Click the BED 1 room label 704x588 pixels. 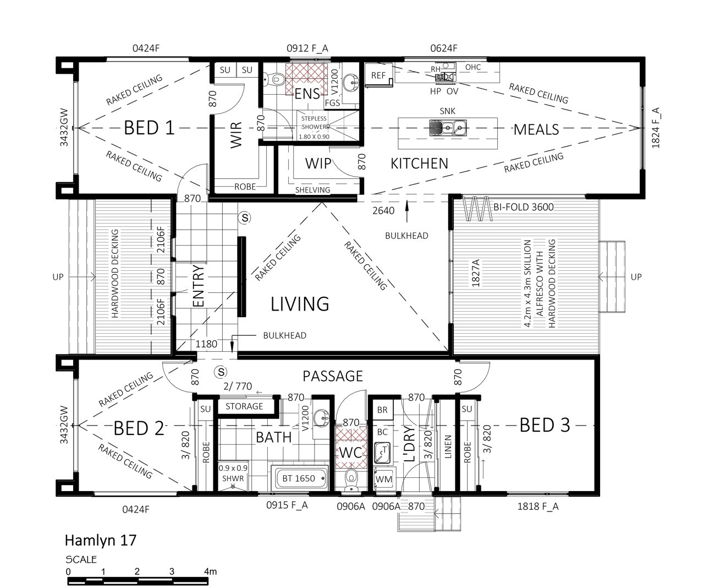coord(149,128)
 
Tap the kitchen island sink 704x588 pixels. coord(448,128)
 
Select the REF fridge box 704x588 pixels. coord(378,75)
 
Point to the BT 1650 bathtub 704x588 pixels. coord(299,478)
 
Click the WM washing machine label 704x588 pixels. coord(384,479)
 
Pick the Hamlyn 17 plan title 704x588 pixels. coord(101,541)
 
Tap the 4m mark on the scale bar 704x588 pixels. coord(210,571)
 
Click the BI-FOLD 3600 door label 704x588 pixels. coord(523,207)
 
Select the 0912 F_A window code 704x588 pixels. coord(307,48)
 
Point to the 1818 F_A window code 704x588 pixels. coord(538,507)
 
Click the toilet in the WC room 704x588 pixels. coord(351,480)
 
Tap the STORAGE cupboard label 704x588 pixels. coord(244,406)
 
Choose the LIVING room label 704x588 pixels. coord(300,304)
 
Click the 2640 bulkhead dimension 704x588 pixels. coord(383,211)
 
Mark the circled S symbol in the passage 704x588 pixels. coord(221,372)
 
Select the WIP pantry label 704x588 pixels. coord(318,164)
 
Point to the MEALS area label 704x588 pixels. coord(536,129)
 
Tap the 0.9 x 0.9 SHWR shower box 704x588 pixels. coord(233,475)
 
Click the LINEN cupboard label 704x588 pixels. coord(448,447)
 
